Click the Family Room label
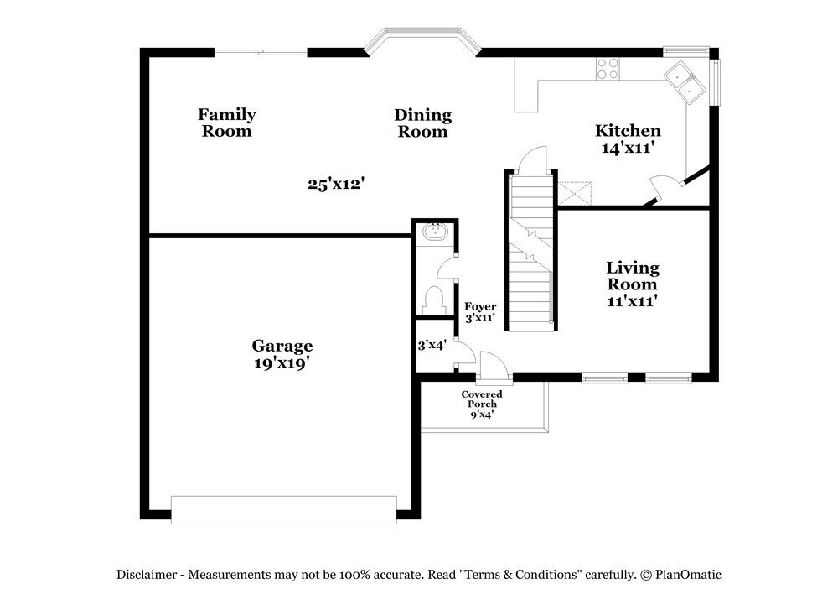coord(226,123)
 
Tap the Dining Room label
coord(422,123)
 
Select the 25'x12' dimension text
coord(334,184)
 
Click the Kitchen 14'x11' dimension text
coord(627,149)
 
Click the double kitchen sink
coord(685,81)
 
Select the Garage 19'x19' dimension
coord(282,363)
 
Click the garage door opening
coord(283,509)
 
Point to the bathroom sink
coord(435,231)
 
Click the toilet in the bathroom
coord(434,299)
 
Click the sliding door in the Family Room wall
coord(261,53)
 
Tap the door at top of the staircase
coord(531,159)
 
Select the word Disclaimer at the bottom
coord(147,575)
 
